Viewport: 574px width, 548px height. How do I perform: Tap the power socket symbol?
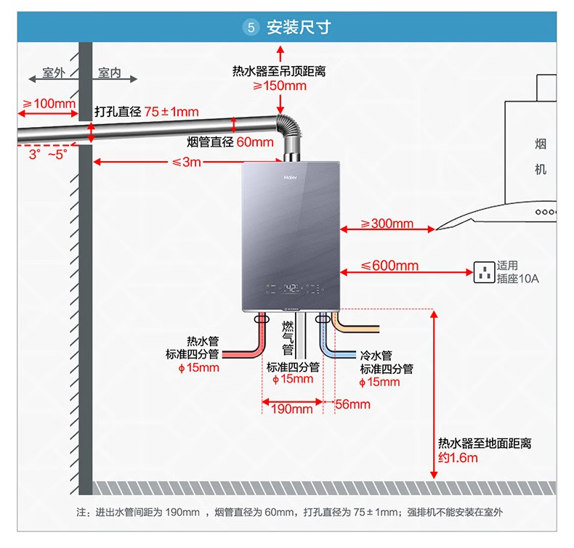tap(484, 272)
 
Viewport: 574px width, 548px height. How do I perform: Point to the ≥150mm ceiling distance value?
tap(280, 86)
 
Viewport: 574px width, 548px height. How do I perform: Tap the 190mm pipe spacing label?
tap(291, 409)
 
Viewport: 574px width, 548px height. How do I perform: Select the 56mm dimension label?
tap(353, 404)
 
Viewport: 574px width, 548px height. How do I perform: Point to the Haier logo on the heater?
tap(291, 174)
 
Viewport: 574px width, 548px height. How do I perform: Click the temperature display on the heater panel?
tap(291, 289)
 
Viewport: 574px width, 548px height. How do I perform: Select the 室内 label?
tap(110, 73)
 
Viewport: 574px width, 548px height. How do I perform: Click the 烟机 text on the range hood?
tap(540, 156)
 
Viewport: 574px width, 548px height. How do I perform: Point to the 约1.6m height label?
tap(458, 458)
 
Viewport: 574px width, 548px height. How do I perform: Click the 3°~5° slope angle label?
tap(47, 155)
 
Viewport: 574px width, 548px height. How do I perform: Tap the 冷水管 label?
tap(376, 356)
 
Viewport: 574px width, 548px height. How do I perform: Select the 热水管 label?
tap(202, 341)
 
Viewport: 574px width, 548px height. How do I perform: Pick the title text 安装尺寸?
tap(299, 28)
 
